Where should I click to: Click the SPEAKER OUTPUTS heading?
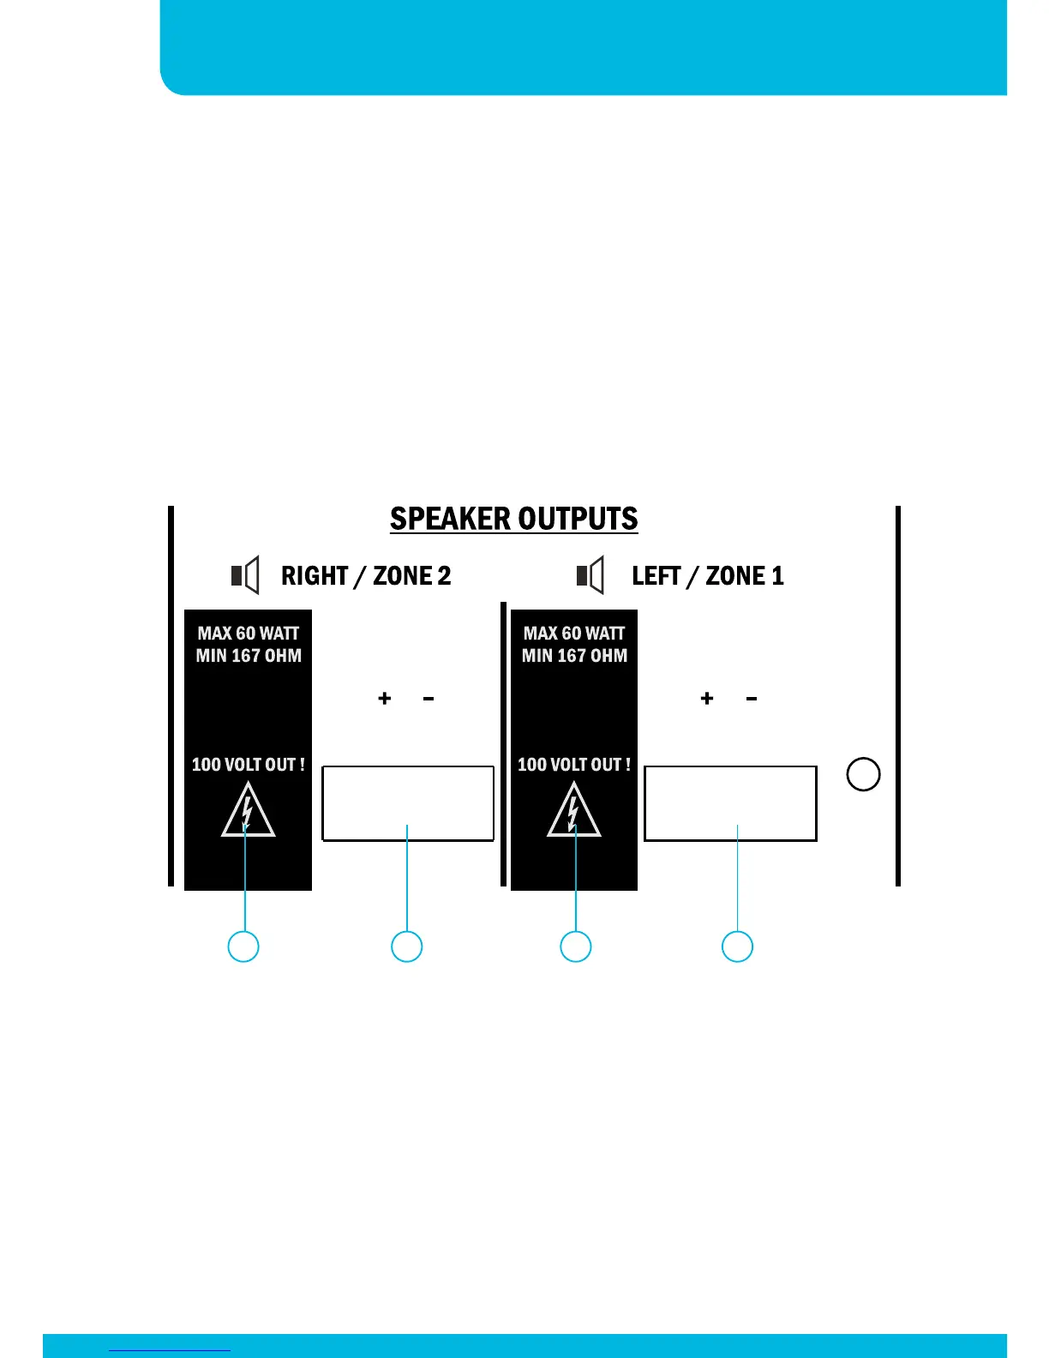click(x=513, y=519)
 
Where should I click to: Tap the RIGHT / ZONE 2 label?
click(x=366, y=575)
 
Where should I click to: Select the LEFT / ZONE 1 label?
click(x=707, y=575)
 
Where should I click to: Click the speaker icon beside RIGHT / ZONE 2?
click(x=246, y=574)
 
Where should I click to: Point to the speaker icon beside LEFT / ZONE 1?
click(x=590, y=574)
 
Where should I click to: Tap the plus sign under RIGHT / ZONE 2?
click(x=385, y=699)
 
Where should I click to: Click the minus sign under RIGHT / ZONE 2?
click(x=429, y=699)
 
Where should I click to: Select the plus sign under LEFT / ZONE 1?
click(x=707, y=699)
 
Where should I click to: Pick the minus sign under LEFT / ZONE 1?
click(x=752, y=699)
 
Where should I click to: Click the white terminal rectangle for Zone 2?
click(x=408, y=803)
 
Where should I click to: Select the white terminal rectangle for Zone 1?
click(x=730, y=803)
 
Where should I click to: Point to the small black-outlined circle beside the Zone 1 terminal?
click(x=863, y=774)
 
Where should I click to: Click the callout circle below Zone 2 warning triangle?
click(x=243, y=946)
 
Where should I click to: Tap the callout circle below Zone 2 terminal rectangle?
click(x=407, y=946)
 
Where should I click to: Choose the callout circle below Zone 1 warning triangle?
click(x=576, y=946)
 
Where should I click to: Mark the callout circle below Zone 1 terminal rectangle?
click(x=737, y=946)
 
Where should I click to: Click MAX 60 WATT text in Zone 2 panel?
click(x=249, y=634)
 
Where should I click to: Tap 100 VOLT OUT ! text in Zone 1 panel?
click(x=574, y=765)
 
